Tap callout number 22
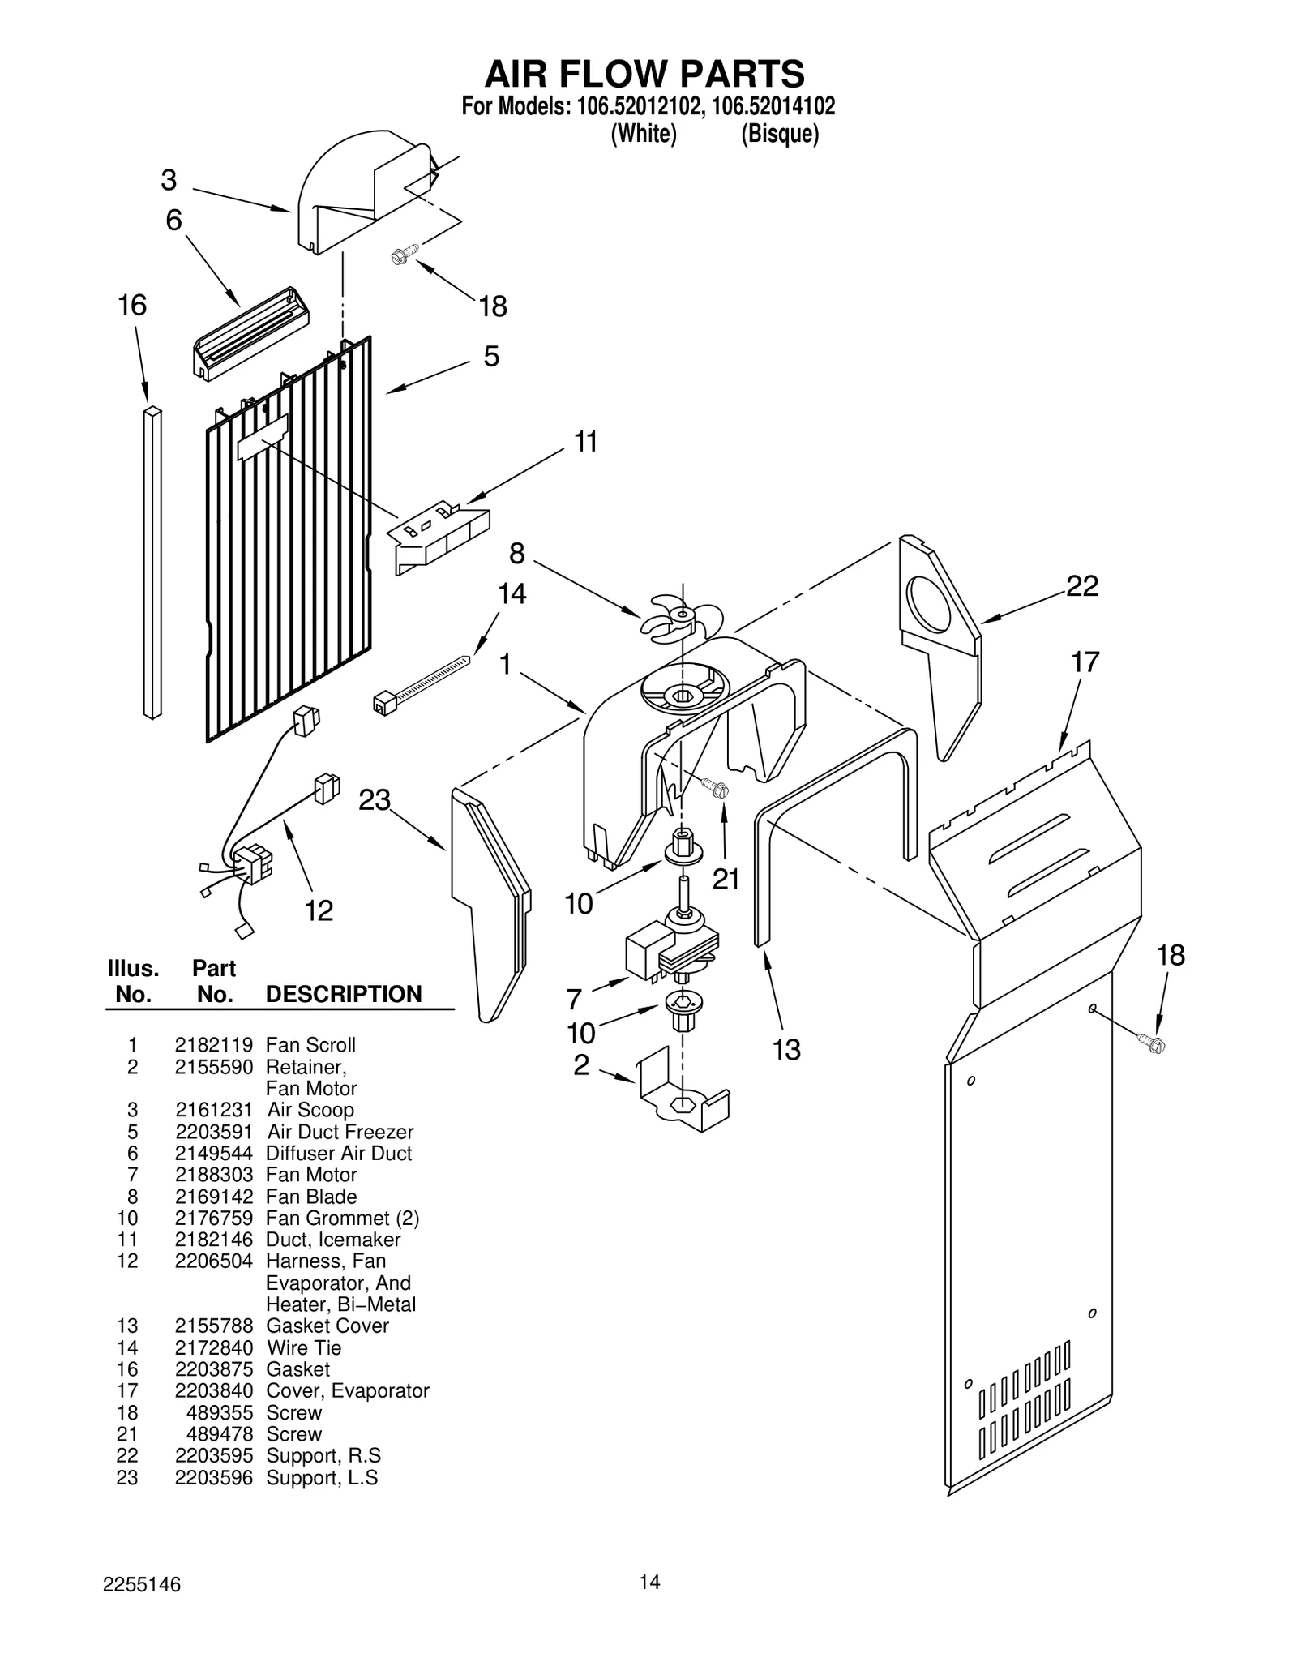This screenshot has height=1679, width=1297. pos(1081,585)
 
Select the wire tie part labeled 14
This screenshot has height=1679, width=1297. pos(422,682)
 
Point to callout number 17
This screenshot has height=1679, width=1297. pos(1085,662)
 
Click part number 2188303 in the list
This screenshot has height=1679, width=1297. pos(214,1175)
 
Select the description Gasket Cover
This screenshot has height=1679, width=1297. pos(327,1326)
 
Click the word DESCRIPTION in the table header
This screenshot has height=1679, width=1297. pos(344,994)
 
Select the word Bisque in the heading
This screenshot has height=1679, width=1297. pos(780,134)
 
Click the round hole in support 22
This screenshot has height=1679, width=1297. pos(930,604)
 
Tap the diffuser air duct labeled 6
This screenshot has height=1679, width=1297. pos(250,332)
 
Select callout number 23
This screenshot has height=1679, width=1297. pos(375,800)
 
